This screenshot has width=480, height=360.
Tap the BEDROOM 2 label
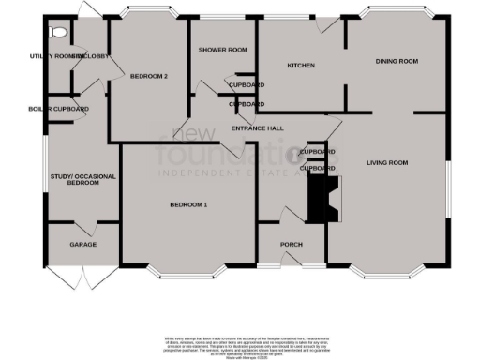point(148,76)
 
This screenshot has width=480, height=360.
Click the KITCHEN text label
point(300,66)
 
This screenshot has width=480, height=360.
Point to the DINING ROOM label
point(397,62)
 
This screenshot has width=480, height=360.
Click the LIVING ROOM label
point(387,163)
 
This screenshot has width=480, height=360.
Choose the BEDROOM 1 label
point(188,204)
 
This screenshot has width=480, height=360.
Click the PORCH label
point(292,245)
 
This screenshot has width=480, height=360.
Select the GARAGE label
point(82,245)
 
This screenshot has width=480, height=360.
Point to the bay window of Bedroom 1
point(187,275)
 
